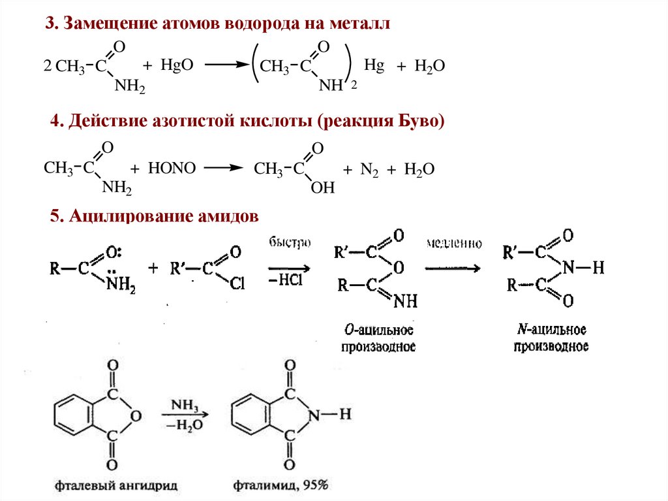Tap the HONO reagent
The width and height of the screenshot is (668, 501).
[172, 169]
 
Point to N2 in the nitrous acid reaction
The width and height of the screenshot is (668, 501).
[369, 169]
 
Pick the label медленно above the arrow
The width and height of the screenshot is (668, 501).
[455, 244]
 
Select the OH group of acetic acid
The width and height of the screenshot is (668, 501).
[322, 188]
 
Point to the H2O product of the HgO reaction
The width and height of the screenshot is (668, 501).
[431, 65]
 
